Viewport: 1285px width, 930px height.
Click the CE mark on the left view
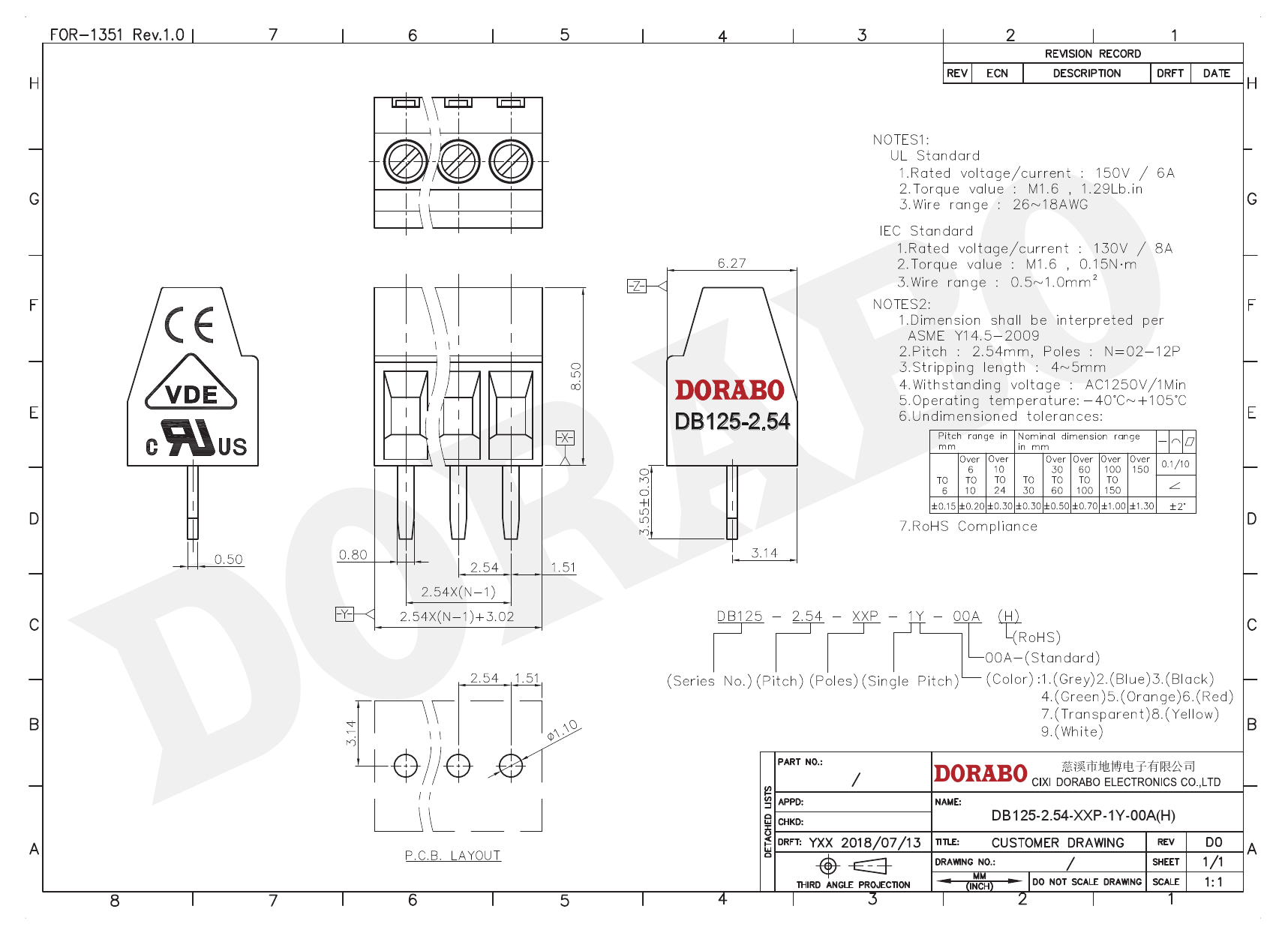point(189,324)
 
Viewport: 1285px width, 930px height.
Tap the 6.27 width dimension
point(731,263)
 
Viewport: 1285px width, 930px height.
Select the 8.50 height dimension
point(576,376)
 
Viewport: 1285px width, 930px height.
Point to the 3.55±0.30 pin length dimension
point(644,502)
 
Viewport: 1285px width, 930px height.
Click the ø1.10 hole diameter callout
point(562,730)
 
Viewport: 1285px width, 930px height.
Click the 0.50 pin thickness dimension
point(228,559)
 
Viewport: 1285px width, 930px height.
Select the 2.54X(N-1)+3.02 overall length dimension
point(456,616)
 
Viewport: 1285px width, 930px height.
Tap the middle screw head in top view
point(458,161)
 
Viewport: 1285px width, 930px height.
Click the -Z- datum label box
point(636,286)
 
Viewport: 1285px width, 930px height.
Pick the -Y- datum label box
point(344,614)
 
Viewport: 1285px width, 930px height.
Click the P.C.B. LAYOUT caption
point(452,856)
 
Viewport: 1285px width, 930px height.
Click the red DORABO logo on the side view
point(729,390)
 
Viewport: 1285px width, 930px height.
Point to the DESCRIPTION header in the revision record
point(1086,73)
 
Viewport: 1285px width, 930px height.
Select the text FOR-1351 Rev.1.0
point(117,34)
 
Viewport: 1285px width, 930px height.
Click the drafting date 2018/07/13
point(881,842)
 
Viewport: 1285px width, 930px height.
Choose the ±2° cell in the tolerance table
point(1177,506)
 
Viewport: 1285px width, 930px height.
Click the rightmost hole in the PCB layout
point(511,766)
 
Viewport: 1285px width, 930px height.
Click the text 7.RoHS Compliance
point(968,526)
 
